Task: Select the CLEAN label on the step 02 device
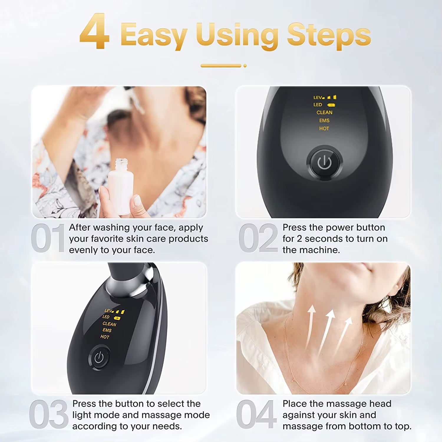[324, 113]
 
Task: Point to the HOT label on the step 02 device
[324, 128]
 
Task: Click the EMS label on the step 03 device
[107, 330]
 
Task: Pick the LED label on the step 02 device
[318, 105]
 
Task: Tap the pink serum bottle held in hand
[121, 186]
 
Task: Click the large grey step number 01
[48, 238]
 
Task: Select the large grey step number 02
[258, 238]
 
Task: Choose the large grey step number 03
[49, 414]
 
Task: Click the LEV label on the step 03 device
[108, 311]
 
